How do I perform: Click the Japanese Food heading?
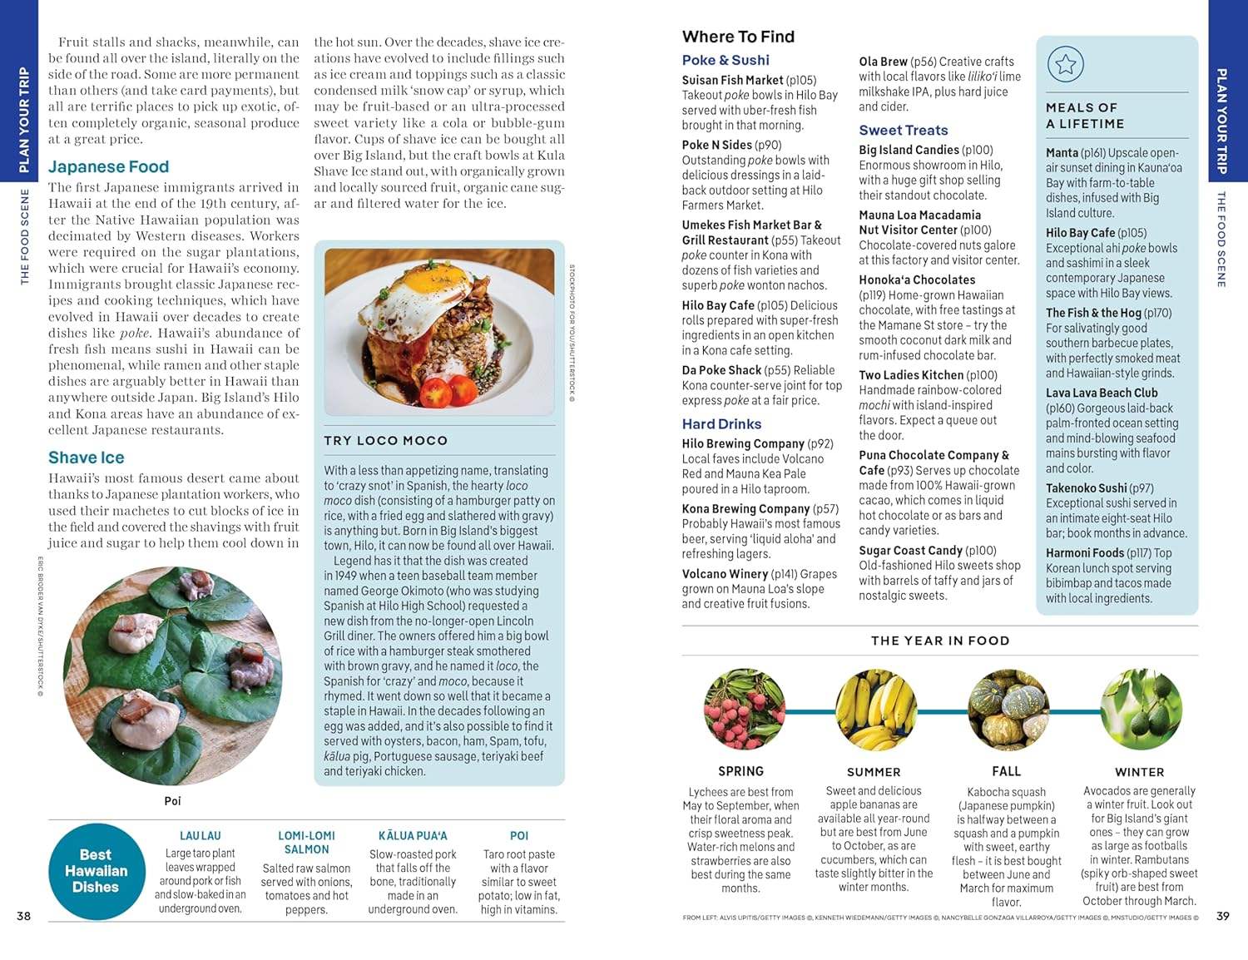[108, 166]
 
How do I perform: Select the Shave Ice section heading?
[86, 458]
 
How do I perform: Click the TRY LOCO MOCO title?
[385, 441]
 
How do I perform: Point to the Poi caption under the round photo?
[172, 801]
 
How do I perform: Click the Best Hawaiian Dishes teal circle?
[96, 870]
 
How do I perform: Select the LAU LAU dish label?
[201, 835]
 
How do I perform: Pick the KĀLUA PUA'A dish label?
[413, 835]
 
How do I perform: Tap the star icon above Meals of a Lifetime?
[1065, 64]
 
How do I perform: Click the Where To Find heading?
[738, 37]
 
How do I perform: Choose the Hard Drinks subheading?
[721, 424]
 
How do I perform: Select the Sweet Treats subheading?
[903, 130]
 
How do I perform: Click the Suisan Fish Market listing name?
[732, 80]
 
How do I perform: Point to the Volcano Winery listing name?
[725, 573]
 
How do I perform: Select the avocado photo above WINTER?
[1140, 710]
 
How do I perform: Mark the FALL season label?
[1006, 771]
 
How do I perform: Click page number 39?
[1222, 916]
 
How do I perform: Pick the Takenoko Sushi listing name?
[1087, 488]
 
